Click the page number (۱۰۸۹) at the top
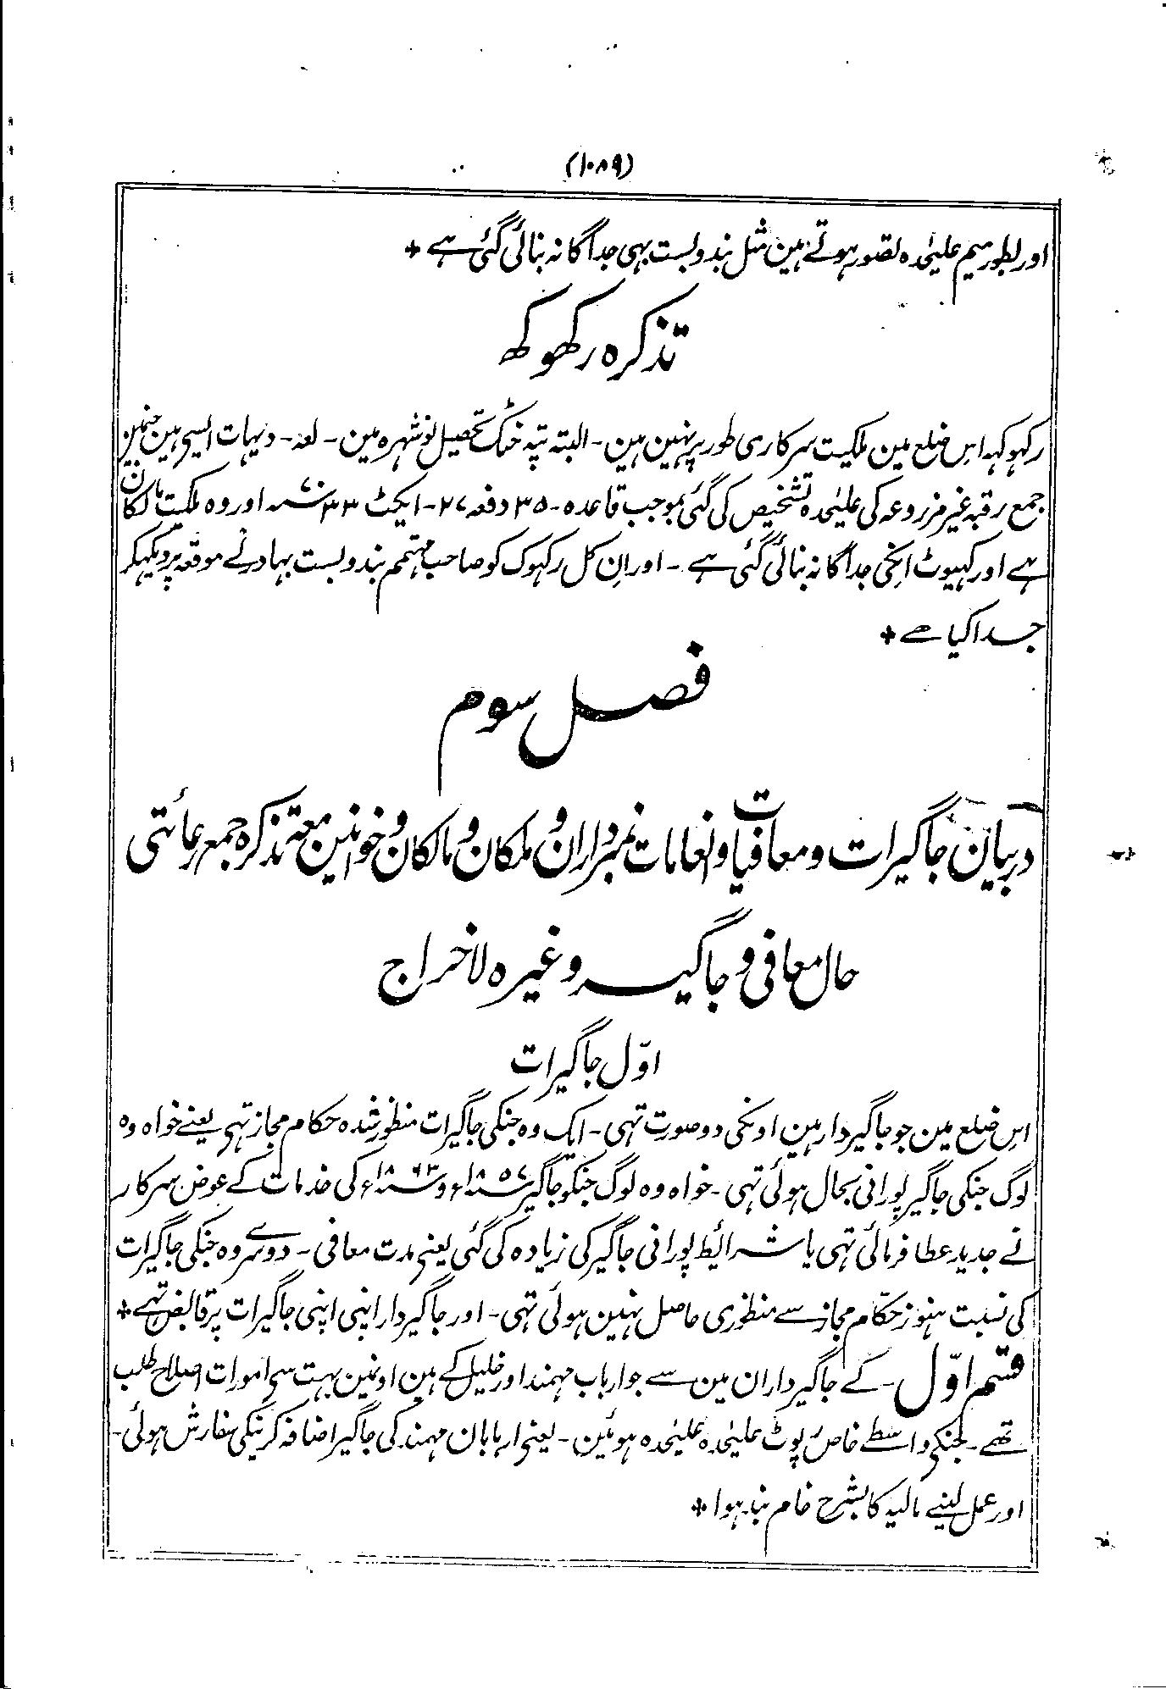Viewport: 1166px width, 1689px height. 602,163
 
